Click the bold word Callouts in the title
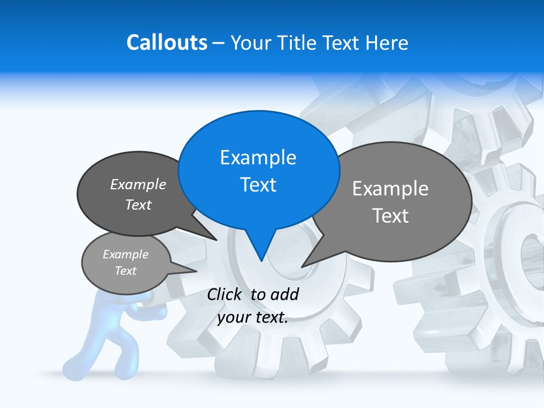167,42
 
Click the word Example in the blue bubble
258,158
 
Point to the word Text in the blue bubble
258,185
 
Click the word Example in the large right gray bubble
390,189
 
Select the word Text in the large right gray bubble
390,216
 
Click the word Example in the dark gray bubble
138,185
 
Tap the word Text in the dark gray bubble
138,205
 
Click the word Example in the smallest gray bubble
125,254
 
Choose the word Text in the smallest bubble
125,271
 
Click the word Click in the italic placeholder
225,295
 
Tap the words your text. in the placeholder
253,317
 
